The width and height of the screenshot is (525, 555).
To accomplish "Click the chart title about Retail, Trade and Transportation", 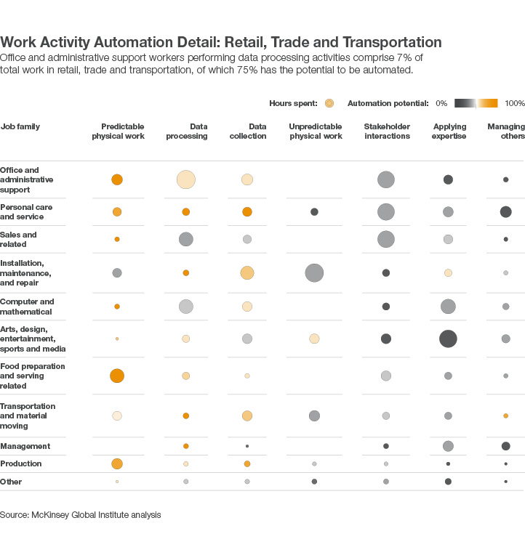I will click(x=221, y=42).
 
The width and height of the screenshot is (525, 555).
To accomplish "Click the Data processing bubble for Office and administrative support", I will click(x=186, y=179).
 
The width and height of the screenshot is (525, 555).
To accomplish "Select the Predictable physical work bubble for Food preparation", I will click(x=117, y=376).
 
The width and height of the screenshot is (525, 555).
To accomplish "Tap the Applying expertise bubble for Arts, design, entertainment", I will click(x=448, y=339).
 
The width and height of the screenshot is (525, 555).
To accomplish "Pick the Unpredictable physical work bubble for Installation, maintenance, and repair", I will click(x=314, y=273).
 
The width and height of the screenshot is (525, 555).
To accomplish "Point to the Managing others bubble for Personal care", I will click(x=505, y=212).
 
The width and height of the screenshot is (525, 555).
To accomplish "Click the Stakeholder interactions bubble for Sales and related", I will click(x=386, y=239).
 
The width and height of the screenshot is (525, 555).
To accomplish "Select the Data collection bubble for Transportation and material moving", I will click(x=247, y=416).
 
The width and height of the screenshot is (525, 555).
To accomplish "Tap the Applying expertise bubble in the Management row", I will click(x=448, y=446).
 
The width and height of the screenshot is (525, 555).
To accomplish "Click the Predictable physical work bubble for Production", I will click(x=117, y=463).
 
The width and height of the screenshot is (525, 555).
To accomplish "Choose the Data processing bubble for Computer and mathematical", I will click(x=186, y=307).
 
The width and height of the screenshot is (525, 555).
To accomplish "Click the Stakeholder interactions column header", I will click(x=387, y=131).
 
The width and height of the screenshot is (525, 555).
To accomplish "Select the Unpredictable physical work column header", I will click(x=316, y=131).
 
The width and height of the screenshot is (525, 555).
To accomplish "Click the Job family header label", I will click(x=20, y=126).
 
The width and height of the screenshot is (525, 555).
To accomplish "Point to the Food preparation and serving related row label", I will click(x=33, y=376).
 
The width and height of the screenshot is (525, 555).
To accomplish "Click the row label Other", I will click(x=11, y=482).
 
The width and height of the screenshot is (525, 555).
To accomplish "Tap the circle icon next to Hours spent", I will click(x=329, y=104).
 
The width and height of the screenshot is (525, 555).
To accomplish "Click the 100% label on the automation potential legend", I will click(x=514, y=104).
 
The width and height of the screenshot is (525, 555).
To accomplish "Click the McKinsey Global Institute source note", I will click(x=80, y=514).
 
